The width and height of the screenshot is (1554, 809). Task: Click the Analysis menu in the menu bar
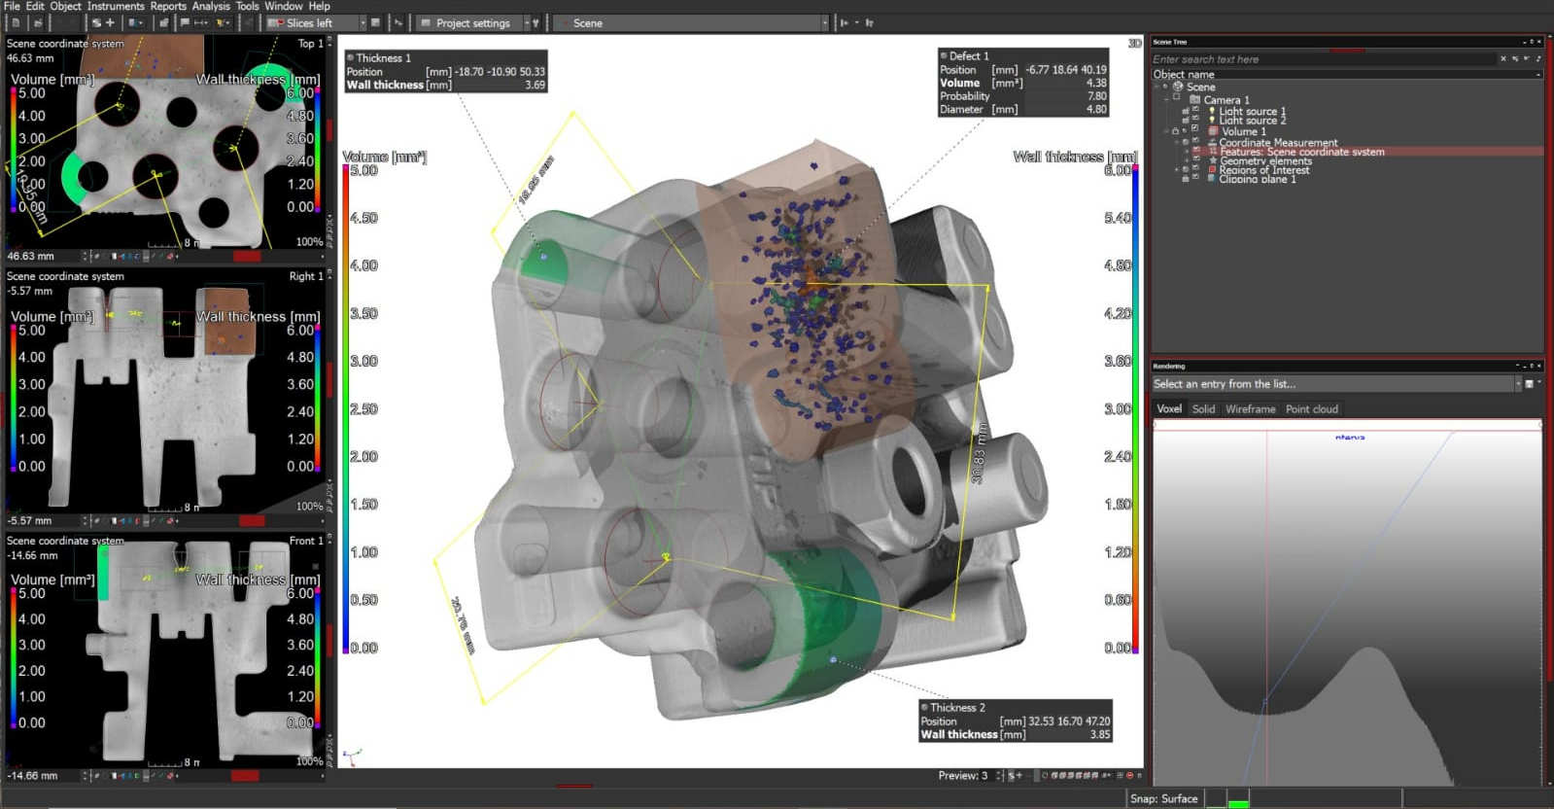coord(210,6)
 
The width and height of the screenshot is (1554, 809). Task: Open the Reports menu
coord(168,6)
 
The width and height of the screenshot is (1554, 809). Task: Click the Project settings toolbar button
coord(472,22)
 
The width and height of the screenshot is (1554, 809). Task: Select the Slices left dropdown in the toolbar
coord(317,22)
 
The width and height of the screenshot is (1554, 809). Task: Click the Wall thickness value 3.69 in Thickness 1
coord(535,86)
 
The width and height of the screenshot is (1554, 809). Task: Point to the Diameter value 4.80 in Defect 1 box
coord(1095,110)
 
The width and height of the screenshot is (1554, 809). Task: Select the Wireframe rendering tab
coord(1250,409)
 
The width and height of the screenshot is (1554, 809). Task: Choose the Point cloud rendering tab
coord(1311,409)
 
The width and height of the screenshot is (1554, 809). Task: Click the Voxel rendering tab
coord(1169,409)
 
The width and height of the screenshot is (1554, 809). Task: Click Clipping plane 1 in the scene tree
coord(1257,179)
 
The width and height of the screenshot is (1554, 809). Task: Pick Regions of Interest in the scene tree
coord(1263,170)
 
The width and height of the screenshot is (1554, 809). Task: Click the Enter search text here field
coord(1322,59)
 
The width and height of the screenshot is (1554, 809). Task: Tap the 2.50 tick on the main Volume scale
coord(363,409)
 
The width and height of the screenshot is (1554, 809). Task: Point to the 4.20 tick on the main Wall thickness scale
coord(1118,314)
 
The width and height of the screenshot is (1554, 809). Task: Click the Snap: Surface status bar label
coord(1163,799)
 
